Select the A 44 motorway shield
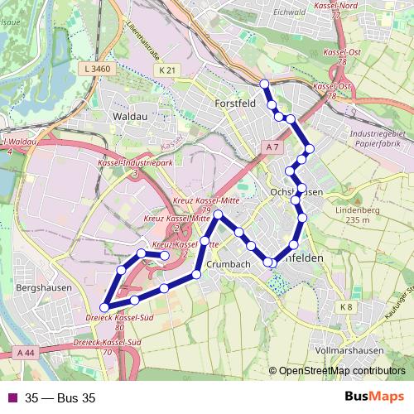click(x=25, y=353)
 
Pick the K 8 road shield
click(x=345, y=307)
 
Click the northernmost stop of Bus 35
click(x=264, y=84)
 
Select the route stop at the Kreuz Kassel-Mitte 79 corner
click(x=218, y=215)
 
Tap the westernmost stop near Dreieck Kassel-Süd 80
click(x=103, y=308)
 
